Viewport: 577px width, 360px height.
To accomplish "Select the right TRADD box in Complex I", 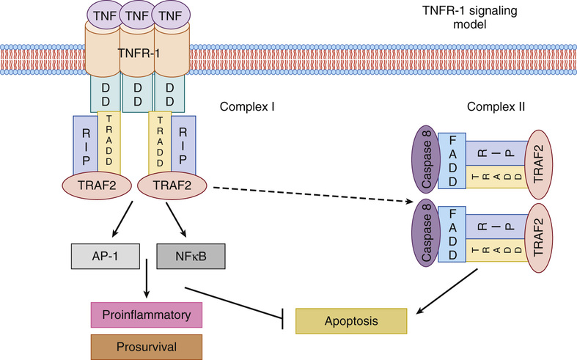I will point(160,142).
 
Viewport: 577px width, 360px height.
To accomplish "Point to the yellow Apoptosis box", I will point(351,321).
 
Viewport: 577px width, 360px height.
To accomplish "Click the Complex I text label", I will point(247,106).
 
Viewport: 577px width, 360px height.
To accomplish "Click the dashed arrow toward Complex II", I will point(308,194).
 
